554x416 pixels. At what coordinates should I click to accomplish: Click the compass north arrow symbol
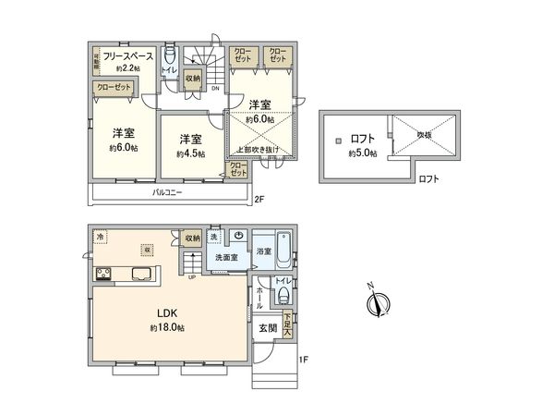click(x=378, y=303)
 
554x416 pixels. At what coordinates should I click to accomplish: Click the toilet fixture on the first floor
click(x=284, y=296)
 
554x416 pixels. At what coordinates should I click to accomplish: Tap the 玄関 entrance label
click(x=268, y=328)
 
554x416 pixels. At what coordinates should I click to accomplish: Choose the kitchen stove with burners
click(x=103, y=273)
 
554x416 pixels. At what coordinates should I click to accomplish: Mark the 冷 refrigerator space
click(x=100, y=238)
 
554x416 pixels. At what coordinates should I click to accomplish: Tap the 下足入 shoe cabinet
click(x=288, y=325)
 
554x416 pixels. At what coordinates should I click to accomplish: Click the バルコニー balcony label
click(x=167, y=194)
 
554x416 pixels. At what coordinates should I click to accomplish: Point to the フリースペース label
click(x=126, y=56)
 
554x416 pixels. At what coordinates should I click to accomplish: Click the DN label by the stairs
click(x=215, y=89)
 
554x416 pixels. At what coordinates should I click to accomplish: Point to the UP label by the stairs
click(x=192, y=275)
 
